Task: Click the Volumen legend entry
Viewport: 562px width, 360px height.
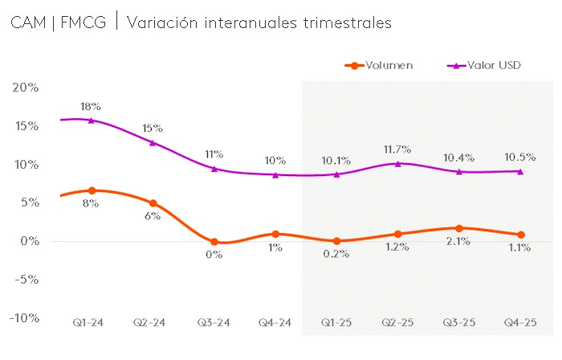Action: click(389, 65)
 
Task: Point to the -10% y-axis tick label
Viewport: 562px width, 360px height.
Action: click(23, 318)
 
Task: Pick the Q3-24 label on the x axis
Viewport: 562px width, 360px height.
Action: click(214, 323)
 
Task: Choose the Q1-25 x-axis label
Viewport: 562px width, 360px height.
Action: click(337, 323)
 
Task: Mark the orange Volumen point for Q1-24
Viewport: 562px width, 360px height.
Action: click(92, 190)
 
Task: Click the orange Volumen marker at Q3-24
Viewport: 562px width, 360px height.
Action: click(214, 242)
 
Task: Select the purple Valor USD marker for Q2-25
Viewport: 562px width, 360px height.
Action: click(398, 164)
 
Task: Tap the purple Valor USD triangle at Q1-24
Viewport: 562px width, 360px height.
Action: click(92, 121)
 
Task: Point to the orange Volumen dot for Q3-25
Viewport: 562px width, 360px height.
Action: click(459, 228)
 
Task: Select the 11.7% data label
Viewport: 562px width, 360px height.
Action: click(397, 149)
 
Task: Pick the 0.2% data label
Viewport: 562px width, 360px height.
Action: click(336, 254)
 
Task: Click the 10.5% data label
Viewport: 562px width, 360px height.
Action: click(520, 157)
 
